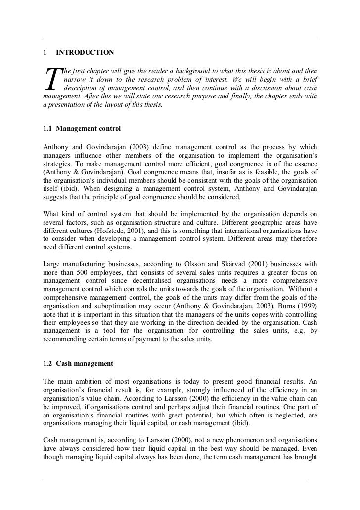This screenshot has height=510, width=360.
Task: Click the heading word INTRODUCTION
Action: [x=85, y=52]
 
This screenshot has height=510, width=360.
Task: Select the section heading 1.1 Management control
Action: [x=82, y=129]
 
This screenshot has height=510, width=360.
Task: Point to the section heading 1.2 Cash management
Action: [x=78, y=363]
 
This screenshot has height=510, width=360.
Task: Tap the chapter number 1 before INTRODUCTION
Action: [x=45, y=52]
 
